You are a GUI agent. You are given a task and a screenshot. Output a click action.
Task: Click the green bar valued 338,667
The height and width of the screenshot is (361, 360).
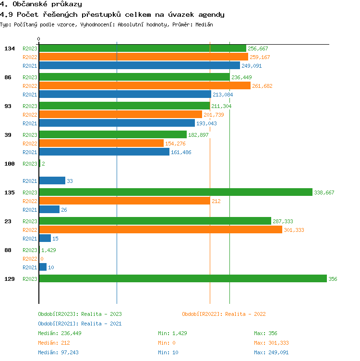tap(175, 192)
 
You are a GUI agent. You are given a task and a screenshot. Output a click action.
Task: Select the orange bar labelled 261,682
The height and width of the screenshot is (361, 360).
tap(144, 85)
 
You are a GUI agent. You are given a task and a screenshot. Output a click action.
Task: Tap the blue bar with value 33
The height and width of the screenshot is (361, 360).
tap(52, 180)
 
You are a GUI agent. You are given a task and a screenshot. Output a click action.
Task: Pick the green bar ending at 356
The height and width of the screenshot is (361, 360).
tap(182, 278)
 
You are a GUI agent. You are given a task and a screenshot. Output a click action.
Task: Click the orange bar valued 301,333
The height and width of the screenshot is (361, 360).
tap(160, 229)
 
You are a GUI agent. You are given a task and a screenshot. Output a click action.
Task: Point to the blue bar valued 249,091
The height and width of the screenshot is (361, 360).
tap(139, 65)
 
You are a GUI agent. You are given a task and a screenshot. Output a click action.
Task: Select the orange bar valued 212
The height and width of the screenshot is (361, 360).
tap(124, 201)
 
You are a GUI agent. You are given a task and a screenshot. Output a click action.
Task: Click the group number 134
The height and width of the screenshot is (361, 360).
tap(9, 48)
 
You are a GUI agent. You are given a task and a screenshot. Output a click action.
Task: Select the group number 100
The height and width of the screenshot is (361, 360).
tap(9, 164)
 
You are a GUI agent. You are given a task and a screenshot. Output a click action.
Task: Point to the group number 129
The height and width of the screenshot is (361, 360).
tap(9, 279)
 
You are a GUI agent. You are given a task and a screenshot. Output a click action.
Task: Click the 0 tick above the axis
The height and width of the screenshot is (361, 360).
tap(39, 39)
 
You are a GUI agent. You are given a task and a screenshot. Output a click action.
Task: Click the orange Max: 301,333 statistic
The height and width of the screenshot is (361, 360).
tap(271, 343)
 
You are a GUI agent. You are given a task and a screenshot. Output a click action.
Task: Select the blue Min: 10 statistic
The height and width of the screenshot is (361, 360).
tap(168, 352)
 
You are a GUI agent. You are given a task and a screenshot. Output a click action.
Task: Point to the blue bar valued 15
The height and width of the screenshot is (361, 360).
tap(45, 238)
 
